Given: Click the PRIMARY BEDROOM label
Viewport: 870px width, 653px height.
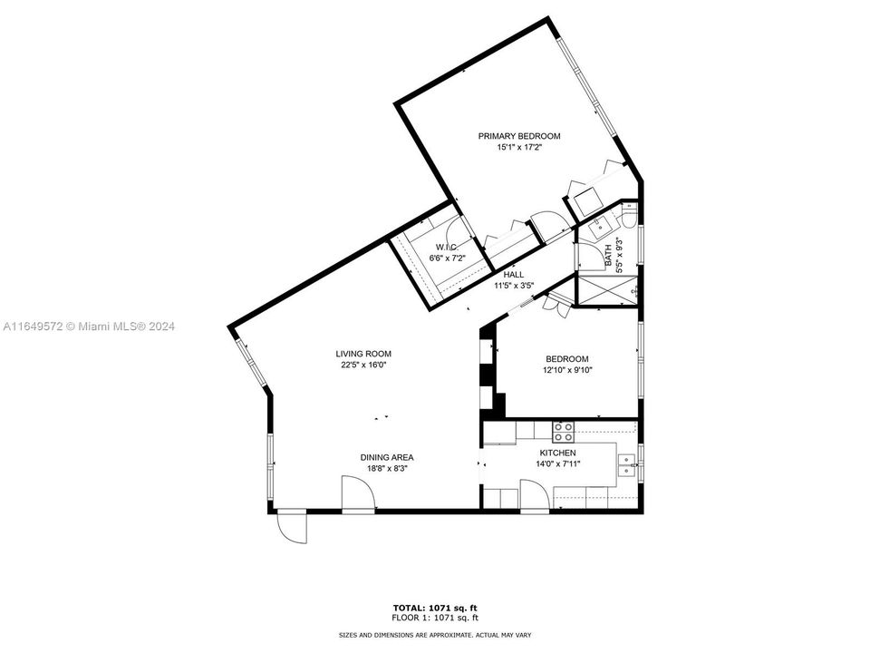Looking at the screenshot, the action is (519, 136).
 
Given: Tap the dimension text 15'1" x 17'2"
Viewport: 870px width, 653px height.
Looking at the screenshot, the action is (519, 148).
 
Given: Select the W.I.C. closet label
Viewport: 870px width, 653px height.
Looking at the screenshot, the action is (447, 247).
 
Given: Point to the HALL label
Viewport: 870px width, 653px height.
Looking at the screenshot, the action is (514, 274).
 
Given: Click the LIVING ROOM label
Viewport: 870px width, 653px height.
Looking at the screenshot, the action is (363, 354).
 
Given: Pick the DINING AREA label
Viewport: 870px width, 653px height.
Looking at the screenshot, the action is (387, 457).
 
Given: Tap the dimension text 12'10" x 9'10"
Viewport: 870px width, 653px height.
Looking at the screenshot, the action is (567, 370).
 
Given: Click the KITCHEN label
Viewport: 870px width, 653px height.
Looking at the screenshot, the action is (557, 453).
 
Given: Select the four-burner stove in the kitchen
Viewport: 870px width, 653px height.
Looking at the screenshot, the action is (563, 432).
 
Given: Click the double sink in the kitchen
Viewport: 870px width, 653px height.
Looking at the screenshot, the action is (627, 466).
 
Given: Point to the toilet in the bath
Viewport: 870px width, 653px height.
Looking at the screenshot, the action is (629, 217).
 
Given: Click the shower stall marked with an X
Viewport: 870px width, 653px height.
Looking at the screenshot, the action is (607, 288).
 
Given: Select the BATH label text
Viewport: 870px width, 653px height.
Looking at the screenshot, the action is (608, 256).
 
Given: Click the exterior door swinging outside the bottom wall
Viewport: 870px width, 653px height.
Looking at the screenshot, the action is (293, 526).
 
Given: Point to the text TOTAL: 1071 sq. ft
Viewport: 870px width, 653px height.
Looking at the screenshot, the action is (435, 608).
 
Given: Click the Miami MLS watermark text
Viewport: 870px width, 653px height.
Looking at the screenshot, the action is (89, 326).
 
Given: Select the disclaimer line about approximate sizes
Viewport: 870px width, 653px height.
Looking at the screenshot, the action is (435, 635).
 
